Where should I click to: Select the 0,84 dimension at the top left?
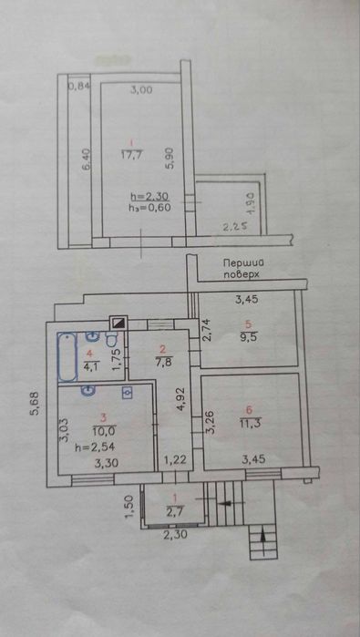[x=80, y=87]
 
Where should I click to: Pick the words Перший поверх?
[x=245, y=268]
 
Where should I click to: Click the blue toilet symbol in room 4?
[x=112, y=365]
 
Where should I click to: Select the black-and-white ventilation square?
[x=118, y=321]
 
